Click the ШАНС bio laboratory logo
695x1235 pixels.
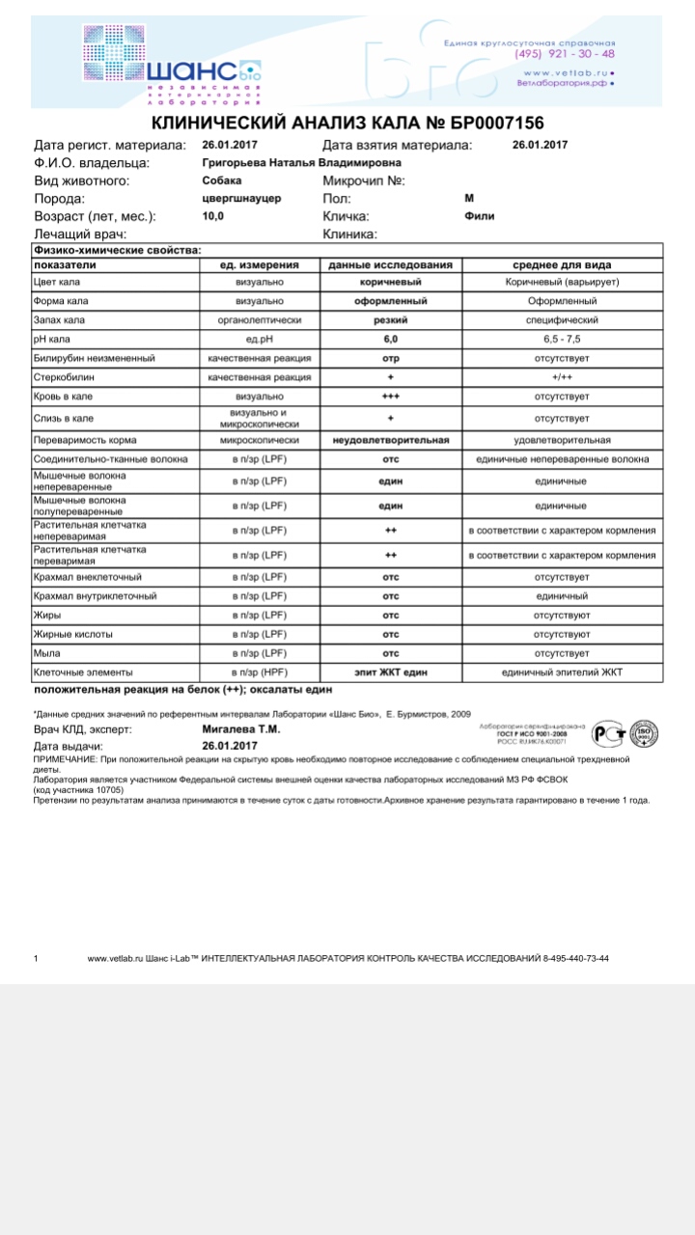(172, 64)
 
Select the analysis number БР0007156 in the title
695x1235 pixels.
(487, 123)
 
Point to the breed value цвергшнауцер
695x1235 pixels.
(241, 198)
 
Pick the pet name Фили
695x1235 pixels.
(479, 216)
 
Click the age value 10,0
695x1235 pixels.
(213, 216)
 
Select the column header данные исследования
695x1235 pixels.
(391, 265)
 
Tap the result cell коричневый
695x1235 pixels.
(391, 282)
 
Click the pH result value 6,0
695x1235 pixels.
(391, 340)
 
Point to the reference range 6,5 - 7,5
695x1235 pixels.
(563, 340)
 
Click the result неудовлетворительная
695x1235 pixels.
(391, 441)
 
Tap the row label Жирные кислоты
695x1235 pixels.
(73, 635)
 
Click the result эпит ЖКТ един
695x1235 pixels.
(391, 672)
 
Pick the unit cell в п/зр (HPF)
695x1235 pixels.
(260, 672)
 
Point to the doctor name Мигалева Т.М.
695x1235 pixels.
(241, 729)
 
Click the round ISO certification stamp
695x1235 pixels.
(644, 735)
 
